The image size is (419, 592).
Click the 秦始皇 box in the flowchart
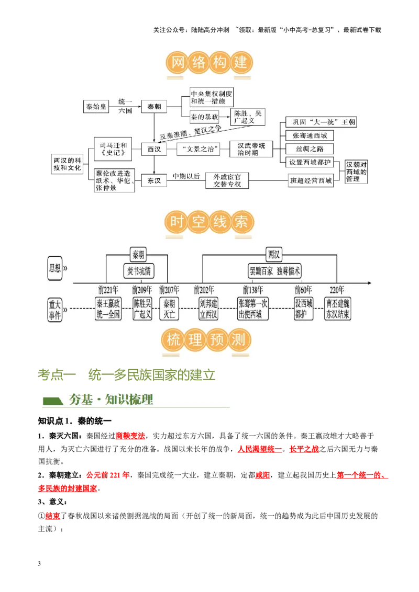click(x=96, y=106)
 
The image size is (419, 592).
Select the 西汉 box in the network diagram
click(x=154, y=149)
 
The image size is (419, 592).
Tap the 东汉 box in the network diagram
click(x=154, y=180)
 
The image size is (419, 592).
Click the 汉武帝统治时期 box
click(x=251, y=149)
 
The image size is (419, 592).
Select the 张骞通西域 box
click(x=309, y=135)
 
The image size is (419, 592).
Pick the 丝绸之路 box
click(x=309, y=149)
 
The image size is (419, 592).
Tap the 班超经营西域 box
click(x=311, y=181)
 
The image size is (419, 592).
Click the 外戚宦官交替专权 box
click(x=227, y=180)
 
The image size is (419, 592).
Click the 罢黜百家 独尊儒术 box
click(x=275, y=271)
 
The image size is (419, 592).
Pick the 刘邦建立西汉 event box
click(x=208, y=309)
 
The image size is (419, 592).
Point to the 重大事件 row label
click(x=55, y=309)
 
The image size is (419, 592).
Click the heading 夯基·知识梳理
click(x=111, y=400)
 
